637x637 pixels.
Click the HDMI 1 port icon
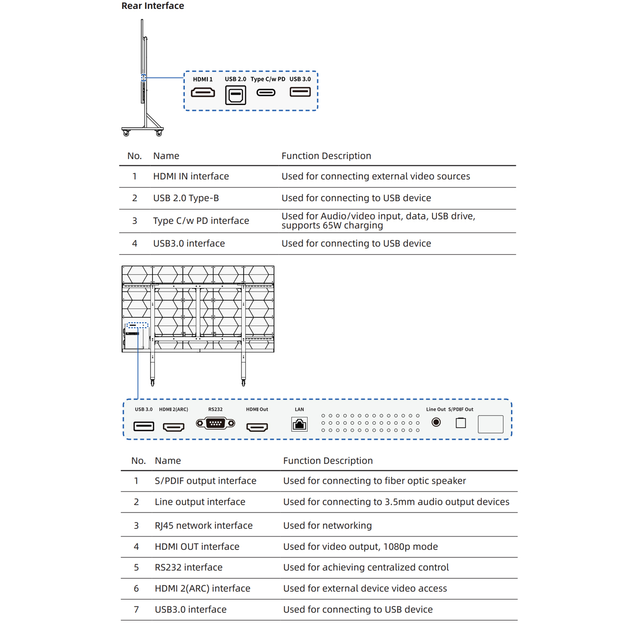pyautogui.click(x=203, y=93)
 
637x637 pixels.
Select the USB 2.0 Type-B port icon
pyautogui.click(x=235, y=95)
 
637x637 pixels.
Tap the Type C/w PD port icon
pyautogui.click(x=266, y=93)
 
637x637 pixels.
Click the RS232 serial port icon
pyautogui.click(x=215, y=424)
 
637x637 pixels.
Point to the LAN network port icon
pyautogui.click(x=299, y=424)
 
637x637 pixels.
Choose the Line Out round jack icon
pyautogui.click(x=436, y=423)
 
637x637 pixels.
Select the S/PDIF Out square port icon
pyautogui.click(x=461, y=423)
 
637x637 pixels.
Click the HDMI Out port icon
pyautogui.click(x=257, y=427)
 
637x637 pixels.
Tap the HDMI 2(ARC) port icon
pyautogui.click(x=174, y=427)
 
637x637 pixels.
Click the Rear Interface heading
pyautogui.click(x=153, y=6)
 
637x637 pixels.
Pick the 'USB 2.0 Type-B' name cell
pyautogui.click(x=186, y=198)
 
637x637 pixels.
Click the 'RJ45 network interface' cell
pyautogui.click(x=204, y=526)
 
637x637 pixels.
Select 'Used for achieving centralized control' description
pyautogui.click(x=366, y=567)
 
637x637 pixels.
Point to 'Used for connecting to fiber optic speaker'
pyautogui.click(x=374, y=481)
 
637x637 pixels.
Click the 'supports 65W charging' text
pyautogui.click(x=332, y=225)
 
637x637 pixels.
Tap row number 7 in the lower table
pyautogui.click(x=136, y=610)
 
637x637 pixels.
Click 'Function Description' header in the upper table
pyautogui.click(x=326, y=156)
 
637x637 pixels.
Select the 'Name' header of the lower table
pyautogui.click(x=168, y=461)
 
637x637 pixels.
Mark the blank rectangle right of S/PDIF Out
pyautogui.click(x=490, y=424)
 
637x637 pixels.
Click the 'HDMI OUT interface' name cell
pyautogui.click(x=197, y=546)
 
